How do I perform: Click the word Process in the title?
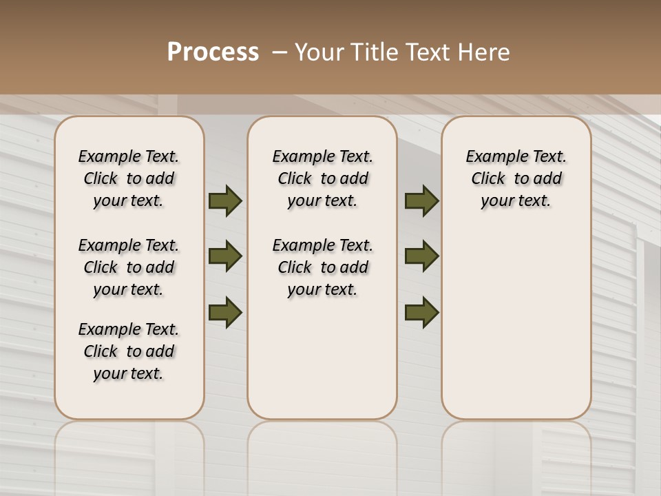click(x=213, y=52)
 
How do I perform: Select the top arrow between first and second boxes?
click(x=225, y=200)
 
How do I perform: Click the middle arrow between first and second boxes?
click(x=225, y=256)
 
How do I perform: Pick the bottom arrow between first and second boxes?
click(x=225, y=312)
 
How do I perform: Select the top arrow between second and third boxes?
click(x=421, y=200)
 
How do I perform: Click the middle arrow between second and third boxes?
click(x=421, y=256)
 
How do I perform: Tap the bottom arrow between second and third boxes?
click(x=421, y=312)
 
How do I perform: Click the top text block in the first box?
click(x=129, y=178)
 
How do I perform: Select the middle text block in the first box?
click(x=129, y=267)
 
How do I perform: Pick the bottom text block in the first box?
click(x=129, y=351)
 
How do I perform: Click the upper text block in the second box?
click(x=322, y=178)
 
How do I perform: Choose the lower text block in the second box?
click(x=322, y=267)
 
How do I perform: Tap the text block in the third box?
click(x=516, y=178)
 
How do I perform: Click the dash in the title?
click(x=279, y=52)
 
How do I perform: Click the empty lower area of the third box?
click(x=516, y=324)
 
